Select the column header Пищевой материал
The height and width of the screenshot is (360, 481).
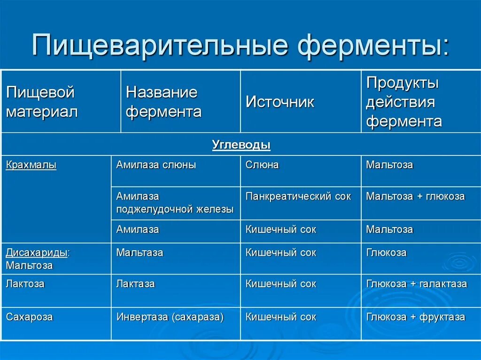tap(42, 102)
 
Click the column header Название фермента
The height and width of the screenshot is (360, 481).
tap(163, 102)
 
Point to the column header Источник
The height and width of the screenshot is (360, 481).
tap(280, 102)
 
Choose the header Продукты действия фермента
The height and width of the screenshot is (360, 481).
tap(404, 102)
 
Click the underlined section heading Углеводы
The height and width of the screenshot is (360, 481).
tap(241, 145)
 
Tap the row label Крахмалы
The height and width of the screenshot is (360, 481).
tap(31, 165)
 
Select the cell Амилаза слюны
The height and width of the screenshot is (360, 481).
tap(156, 165)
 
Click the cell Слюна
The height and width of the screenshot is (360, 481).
tap(262, 165)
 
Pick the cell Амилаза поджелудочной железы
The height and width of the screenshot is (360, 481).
tap(175, 203)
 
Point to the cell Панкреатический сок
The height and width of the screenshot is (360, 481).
tap(298, 197)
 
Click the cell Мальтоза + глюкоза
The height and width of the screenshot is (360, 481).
tap(415, 197)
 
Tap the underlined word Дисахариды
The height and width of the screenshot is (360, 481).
tap(37, 253)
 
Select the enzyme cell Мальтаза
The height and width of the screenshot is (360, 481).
tap(140, 253)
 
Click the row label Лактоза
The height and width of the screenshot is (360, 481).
tap(25, 284)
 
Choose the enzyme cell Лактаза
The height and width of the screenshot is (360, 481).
tap(135, 284)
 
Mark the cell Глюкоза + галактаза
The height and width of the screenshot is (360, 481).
tap(417, 284)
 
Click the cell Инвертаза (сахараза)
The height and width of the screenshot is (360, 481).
tap(170, 317)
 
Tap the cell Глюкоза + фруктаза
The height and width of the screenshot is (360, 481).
tap(416, 317)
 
